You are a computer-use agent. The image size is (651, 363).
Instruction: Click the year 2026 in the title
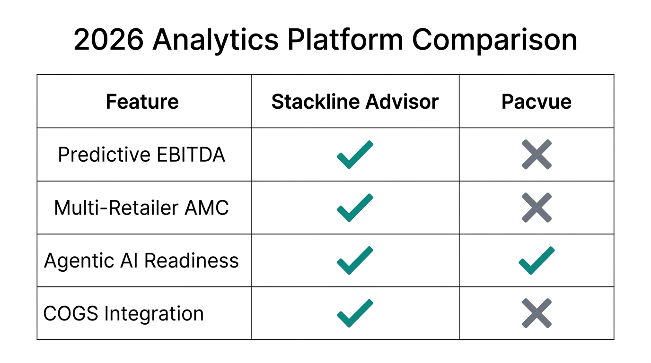pyautogui.click(x=108, y=40)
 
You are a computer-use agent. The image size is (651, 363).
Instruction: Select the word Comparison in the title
pyautogui.click(x=494, y=40)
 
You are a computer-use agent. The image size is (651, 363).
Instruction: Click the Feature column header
pyautogui.click(x=142, y=102)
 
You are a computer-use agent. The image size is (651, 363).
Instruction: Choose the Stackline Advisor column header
pyautogui.click(x=355, y=102)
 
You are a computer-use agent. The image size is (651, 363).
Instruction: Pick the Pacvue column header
pyautogui.click(x=536, y=102)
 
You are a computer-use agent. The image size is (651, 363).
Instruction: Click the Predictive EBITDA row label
pyautogui.click(x=141, y=155)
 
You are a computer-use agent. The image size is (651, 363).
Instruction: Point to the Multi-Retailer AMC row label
pyautogui.click(x=141, y=208)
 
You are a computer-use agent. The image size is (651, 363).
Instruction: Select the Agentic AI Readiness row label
pyautogui.click(x=141, y=261)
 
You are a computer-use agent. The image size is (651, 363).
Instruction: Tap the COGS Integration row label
pyautogui.click(x=123, y=314)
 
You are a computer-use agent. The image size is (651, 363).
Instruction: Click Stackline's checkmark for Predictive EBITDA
pyautogui.click(x=355, y=155)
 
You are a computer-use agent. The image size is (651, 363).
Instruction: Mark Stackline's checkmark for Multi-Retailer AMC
pyautogui.click(x=355, y=208)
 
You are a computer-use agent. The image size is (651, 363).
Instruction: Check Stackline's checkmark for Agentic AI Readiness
pyautogui.click(x=355, y=261)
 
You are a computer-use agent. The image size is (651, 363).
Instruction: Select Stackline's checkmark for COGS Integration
pyautogui.click(x=355, y=314)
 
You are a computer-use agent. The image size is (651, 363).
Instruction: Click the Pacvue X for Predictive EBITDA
pyautogui.click(x=537, y=155)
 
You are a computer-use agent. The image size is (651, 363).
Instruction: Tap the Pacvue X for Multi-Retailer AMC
pyautogui.click(x=537, y=207)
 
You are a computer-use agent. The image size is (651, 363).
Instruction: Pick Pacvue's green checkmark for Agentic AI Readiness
pyautogui.click(x=537, y=261)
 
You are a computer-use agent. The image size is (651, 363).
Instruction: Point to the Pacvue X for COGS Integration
pyautogui.click(x=537, y=313)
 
